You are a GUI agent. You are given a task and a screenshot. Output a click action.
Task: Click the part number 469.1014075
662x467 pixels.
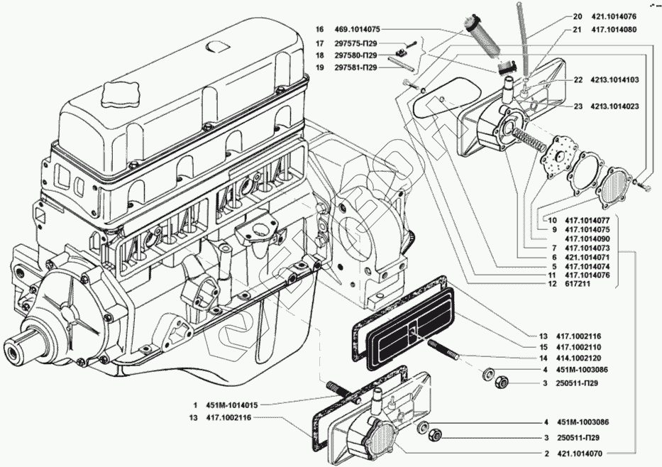pos(356,30)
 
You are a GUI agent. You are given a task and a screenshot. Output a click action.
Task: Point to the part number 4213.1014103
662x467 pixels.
pos(615,79)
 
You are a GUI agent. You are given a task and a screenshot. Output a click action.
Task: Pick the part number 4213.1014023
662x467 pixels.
pos(615,106)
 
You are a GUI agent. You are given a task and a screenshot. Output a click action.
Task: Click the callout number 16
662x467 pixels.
pos(319,30)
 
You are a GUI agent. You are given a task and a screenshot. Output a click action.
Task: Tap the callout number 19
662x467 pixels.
pos(319,68)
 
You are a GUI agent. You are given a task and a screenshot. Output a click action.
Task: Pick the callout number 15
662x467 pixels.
pos(543,346)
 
